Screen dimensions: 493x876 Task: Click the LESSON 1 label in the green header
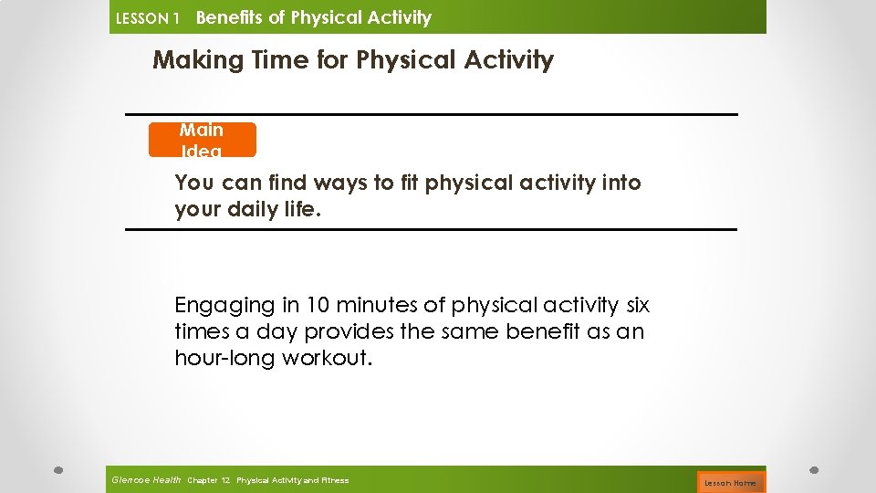tap(146, 18)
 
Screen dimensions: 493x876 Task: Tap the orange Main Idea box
tap(202, 140)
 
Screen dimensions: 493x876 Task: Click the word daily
tap(249, 210)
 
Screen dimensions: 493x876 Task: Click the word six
tap(635, 305)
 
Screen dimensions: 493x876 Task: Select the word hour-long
tap(224, 358)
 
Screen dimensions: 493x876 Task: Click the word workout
tap(327, 358)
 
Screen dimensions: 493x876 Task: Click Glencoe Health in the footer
tap(145, 479)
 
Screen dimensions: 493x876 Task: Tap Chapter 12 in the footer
tap(209, 480)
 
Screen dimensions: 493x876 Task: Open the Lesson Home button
tap(730, 482)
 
